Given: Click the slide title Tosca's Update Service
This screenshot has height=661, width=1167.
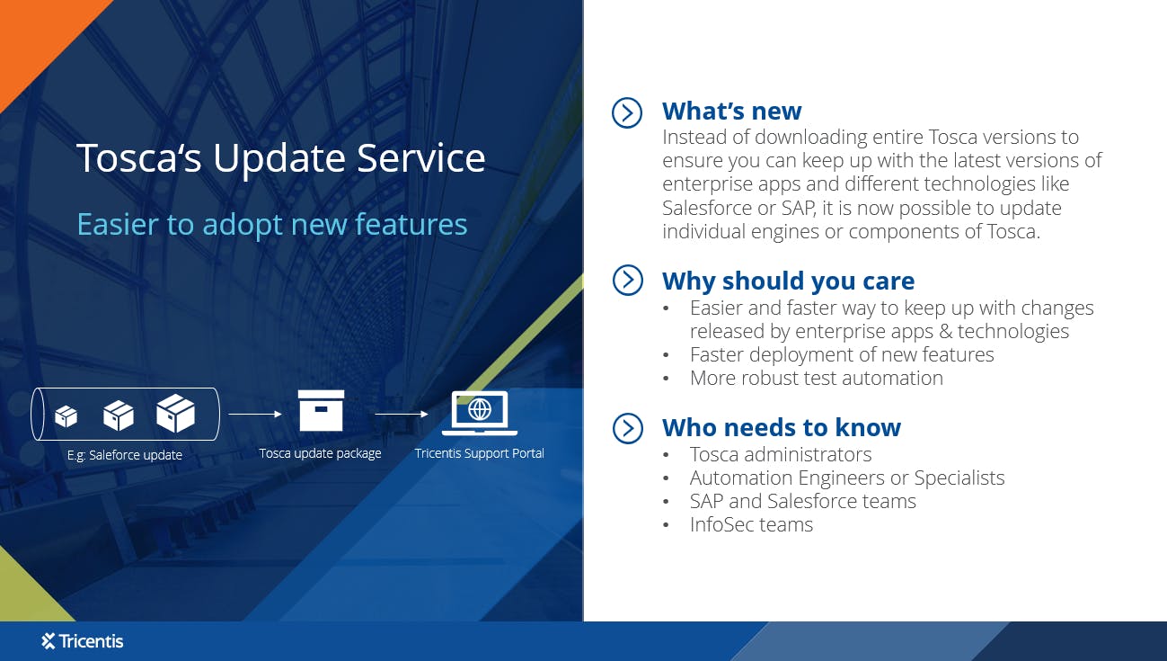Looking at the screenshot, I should point(280,158).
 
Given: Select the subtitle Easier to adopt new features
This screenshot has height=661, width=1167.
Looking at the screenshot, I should point(271,224).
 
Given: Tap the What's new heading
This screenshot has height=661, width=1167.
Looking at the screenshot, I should point(731,111).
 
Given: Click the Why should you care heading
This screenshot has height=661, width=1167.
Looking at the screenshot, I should point(788,281).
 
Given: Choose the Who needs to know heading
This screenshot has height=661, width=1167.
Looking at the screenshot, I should point(781,427).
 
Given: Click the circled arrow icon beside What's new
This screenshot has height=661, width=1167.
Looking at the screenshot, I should point(627,112).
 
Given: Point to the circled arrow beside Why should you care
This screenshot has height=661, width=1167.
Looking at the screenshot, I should point(627,281).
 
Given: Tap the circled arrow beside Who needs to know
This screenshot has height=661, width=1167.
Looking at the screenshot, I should point(627,428).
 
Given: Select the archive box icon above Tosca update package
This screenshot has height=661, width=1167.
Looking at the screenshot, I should point(321,411).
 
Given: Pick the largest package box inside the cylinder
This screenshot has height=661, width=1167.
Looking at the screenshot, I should point(175,413).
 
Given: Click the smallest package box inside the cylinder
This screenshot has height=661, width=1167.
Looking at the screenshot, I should point(66,416).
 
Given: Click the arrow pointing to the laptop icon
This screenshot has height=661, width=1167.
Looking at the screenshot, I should point(401,415).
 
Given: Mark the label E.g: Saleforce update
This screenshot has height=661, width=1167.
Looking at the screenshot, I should point(125,455).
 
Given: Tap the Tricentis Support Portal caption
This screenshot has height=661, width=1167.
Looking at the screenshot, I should point(479,453).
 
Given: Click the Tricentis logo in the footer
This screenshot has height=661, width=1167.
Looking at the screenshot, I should point(83,641).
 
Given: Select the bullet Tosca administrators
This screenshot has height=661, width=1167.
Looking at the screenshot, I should point(780,454).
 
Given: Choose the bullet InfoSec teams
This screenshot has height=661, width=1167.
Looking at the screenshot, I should point(751,524).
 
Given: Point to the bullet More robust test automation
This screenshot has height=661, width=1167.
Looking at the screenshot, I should point(816,378).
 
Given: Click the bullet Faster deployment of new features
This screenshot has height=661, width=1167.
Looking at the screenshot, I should point(841,354).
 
